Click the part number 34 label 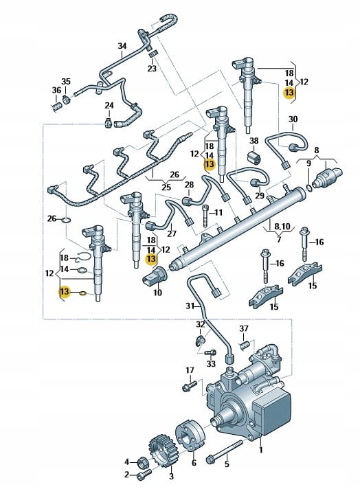122,46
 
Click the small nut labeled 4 142,462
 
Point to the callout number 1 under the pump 261,450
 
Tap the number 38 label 254,141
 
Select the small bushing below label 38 254,157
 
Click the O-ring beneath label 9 308,187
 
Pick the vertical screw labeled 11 205,216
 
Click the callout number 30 293,120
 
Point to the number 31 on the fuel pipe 190,306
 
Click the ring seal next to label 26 67,220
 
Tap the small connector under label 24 109,122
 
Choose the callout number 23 152,68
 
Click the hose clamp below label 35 67,99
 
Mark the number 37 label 244,328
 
